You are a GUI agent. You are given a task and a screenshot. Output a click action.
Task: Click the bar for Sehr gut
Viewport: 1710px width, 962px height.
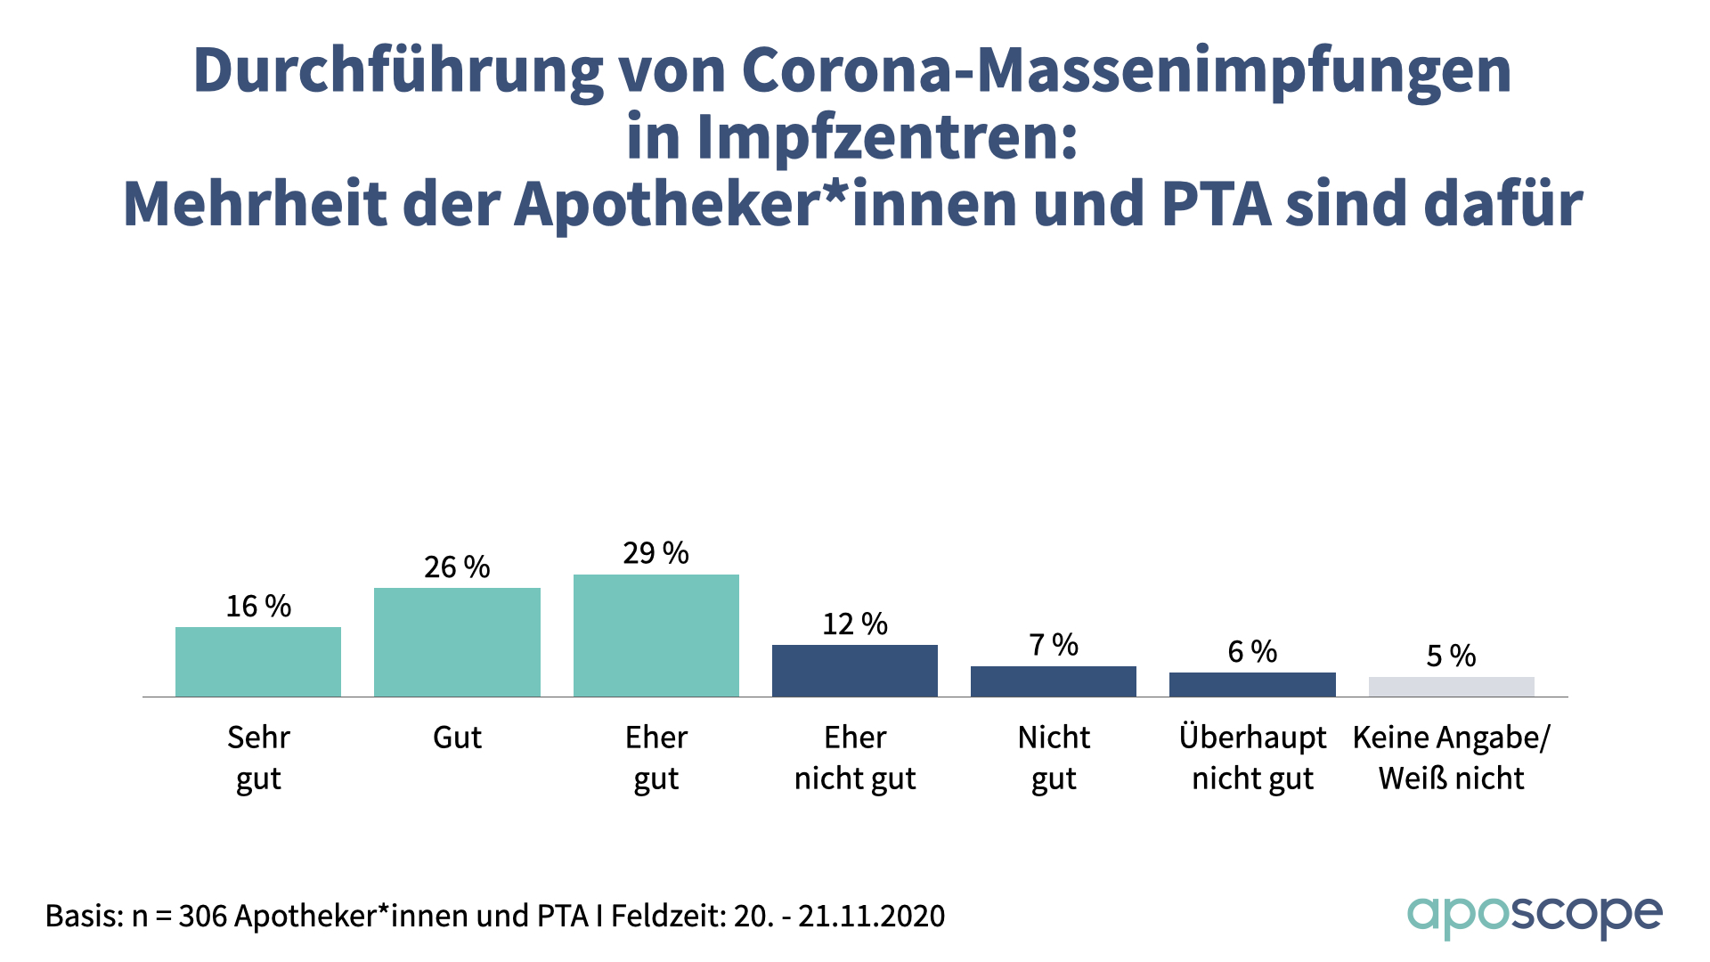(x=258, y=662)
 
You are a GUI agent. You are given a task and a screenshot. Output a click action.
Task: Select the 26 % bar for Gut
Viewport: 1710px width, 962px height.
(x=457, y=642)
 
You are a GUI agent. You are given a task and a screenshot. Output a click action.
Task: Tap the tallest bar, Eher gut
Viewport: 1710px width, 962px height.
(x=656, y=635)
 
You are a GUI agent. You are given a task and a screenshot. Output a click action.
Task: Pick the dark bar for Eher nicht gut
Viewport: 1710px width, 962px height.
(x=855, y=671)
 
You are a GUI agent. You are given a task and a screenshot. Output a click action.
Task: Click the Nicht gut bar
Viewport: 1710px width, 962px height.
(x=1054, y=681)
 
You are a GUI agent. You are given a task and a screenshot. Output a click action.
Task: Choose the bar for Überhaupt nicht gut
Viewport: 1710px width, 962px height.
(x=1252, y=684)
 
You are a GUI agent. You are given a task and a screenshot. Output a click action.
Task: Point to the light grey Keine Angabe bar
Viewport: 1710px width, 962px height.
(x=1451, y=687)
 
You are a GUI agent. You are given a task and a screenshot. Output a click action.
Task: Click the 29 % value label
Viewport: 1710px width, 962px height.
(x=656, y=553)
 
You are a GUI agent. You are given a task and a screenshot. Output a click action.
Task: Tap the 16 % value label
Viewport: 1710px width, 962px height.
(x=258, y=607)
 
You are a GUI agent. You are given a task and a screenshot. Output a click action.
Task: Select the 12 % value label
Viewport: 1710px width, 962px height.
(x=855, y=624)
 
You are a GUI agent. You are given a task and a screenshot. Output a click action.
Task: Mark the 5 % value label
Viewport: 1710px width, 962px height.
(x=1451, y=656)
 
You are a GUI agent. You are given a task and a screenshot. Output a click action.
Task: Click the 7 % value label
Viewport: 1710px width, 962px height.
(x=1054, y=645)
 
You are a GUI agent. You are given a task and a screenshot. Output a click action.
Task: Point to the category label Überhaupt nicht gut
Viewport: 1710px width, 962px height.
(x=1252, y=758)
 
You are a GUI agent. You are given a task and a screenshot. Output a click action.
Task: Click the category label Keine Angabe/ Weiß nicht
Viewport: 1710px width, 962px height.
(x=1451, y=758)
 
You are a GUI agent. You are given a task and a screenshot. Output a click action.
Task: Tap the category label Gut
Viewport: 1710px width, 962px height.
(x=457, y=738)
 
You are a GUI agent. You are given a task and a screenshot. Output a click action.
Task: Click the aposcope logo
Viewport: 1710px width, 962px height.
(x=1535, y=917)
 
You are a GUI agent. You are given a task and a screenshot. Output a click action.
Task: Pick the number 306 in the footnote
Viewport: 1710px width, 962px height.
(x=203, y=916)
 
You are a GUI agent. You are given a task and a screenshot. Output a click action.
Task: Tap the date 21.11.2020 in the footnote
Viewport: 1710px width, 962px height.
(x=871, y=916)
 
